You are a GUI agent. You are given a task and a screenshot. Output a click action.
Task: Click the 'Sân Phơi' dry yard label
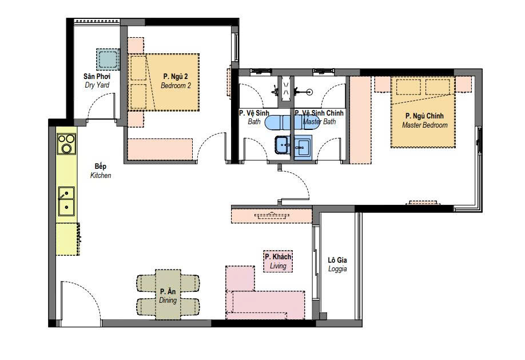tap(97, 77)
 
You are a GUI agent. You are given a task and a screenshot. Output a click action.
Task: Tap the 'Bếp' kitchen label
tap(101, 166)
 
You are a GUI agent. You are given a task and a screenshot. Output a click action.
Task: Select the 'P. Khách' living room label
tap(278, 257)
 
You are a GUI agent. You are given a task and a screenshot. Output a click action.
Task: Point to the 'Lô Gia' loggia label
tap(337, 260)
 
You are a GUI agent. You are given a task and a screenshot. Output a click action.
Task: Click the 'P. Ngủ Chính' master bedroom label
tap(424, 116)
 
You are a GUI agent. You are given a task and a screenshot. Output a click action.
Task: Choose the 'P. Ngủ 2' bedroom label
tap(176, 77)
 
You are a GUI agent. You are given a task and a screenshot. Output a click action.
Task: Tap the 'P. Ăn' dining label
tap(168, 291)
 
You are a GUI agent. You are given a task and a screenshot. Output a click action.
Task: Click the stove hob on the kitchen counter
tap(66, 144)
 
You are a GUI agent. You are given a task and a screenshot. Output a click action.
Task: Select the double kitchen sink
tap(66, 201)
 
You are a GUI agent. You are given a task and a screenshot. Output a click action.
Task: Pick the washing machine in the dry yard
tap(108, 60)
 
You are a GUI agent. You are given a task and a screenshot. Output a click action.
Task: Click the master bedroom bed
tap(423, 112)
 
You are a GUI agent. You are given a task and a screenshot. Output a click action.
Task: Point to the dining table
tap(168, 294)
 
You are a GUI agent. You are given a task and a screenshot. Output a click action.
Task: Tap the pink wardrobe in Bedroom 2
tap(160, 149)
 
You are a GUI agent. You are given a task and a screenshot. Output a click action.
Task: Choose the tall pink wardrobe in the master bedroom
tap(360, 120)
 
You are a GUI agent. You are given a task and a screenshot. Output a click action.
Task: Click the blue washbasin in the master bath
tap(303, 147)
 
